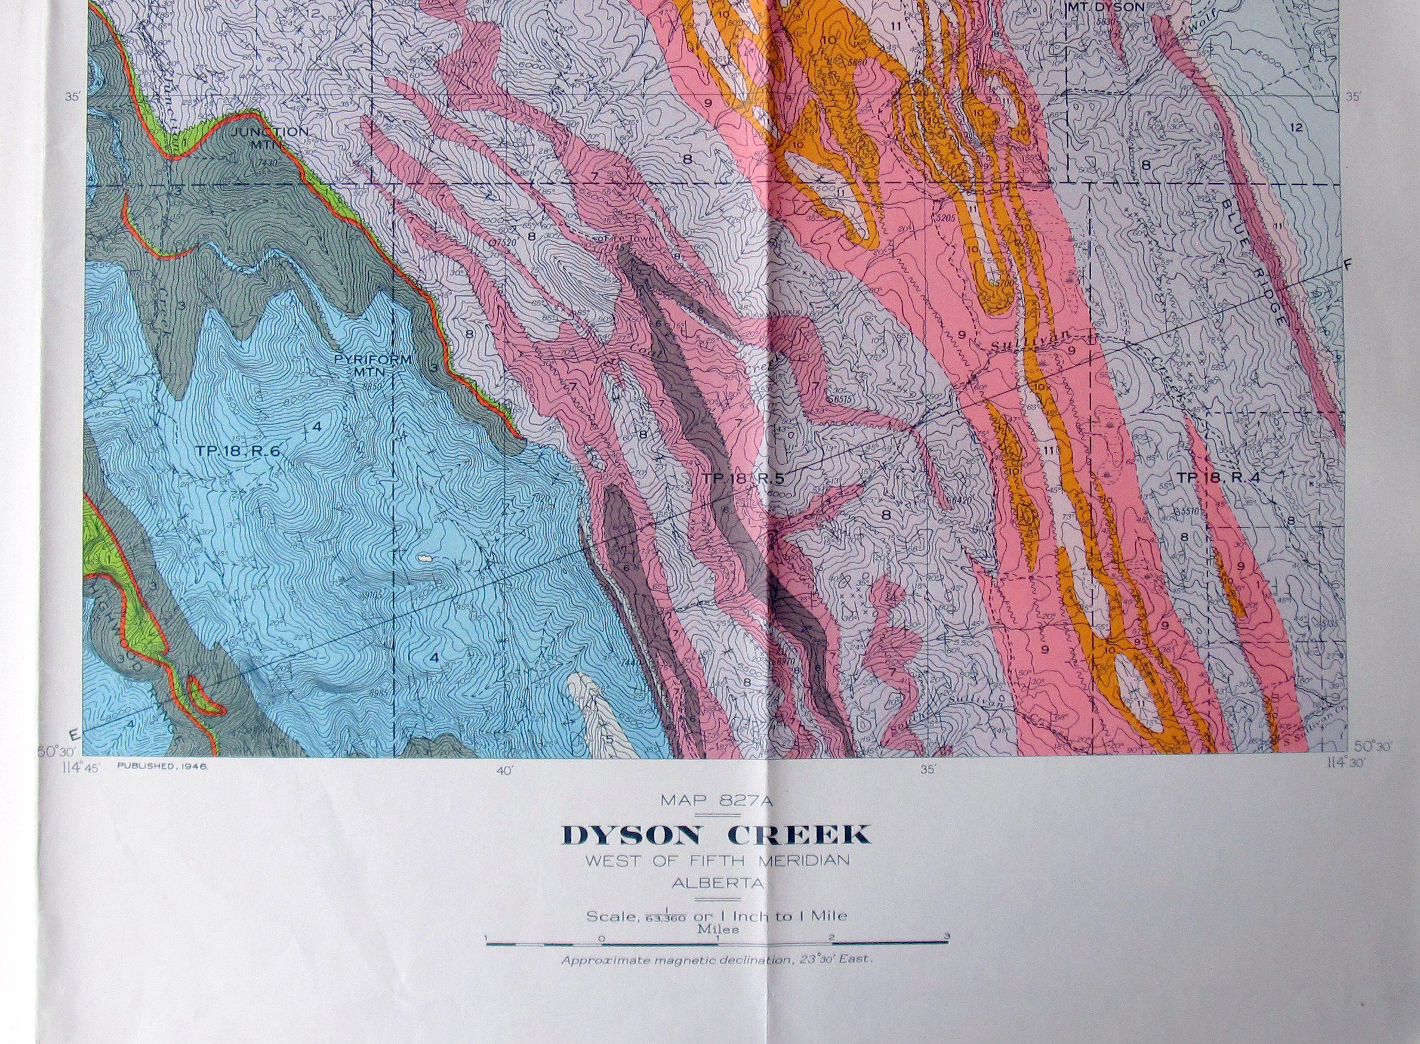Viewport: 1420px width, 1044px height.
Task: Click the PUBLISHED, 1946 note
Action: tap(162, 765)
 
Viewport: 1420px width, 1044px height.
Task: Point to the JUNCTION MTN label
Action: tap(270, 137)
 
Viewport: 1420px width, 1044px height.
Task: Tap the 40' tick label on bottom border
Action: tap(504, 770)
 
